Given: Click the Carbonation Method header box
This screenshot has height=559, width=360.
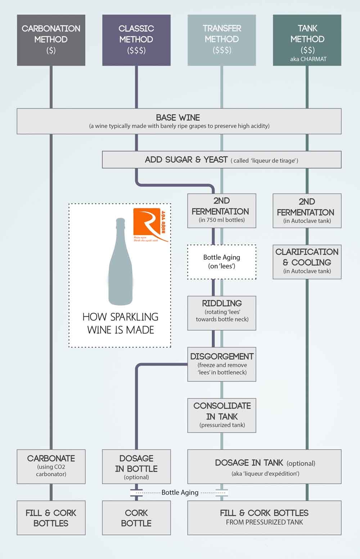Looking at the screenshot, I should [x=51, y=40].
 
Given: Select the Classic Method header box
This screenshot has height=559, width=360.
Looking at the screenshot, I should [x=136, y=40].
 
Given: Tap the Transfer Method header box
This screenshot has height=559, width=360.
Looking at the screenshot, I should [x=222, y=40].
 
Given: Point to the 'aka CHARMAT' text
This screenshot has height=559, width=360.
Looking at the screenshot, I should [x=308, y=59].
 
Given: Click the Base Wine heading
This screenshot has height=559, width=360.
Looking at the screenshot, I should [x=178, y=118].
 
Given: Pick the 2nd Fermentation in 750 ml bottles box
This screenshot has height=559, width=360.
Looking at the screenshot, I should [x=222, y=210].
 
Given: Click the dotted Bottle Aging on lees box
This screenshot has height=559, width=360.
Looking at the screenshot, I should [x=222, y=262].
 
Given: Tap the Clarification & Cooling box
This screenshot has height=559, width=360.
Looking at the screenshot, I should [x=307, y=262].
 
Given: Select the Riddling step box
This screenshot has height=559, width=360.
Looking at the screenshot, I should [x=222, y=313].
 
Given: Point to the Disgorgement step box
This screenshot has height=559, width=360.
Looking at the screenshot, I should [x=222, y=364].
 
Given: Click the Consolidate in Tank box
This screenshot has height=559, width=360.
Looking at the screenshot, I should [x=222, y=415].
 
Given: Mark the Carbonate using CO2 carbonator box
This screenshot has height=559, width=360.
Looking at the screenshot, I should [x=51, y=467].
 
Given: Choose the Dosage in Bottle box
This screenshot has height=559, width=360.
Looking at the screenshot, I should [x=136, y=467].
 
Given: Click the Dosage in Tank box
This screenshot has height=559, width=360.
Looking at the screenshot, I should [x=265, y=467].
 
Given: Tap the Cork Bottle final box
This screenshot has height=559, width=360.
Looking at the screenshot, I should [x=136, y=518].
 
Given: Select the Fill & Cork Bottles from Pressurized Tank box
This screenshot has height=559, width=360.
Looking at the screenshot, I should [x=265, y=518].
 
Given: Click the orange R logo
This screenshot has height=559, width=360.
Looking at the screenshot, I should [x=147, y=223].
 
